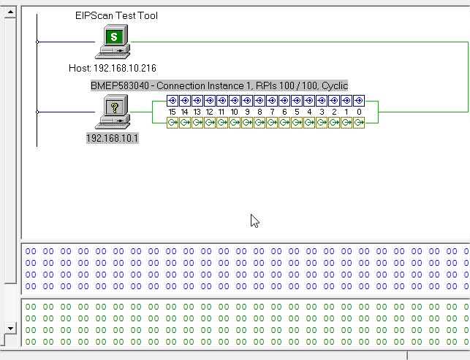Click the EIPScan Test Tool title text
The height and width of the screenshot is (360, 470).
(x=116, y=15)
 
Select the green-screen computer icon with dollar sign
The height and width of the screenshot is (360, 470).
(x=113, y=42)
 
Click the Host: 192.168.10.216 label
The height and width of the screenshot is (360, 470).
(x=113, y=68)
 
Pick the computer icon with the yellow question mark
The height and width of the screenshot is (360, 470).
(x=113, y=112)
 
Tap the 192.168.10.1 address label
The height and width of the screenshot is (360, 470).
(x=113, y=138)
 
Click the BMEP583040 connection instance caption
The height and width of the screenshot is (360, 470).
(x=219, y=85)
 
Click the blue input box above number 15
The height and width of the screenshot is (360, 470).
(x=173, y=101)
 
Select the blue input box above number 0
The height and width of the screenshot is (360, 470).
(x=359, y=101)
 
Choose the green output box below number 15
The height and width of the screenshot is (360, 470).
(x=173, y=123)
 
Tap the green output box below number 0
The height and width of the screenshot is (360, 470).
(x=359, y=123)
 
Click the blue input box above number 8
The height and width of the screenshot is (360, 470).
(x=259, y=101)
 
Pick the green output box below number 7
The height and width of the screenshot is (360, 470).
(x=272, y=123)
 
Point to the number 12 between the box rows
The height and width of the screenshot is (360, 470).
(x=209, y=112)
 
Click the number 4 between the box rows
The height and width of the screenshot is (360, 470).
(x=309, y=112)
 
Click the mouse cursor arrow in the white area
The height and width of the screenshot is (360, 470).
(x=254, y=221)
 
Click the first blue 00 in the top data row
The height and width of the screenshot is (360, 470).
(x=31, y=251)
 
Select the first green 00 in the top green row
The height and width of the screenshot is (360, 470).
(x=31, y=307)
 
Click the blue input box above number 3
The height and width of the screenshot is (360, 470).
(x=322, y=101)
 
